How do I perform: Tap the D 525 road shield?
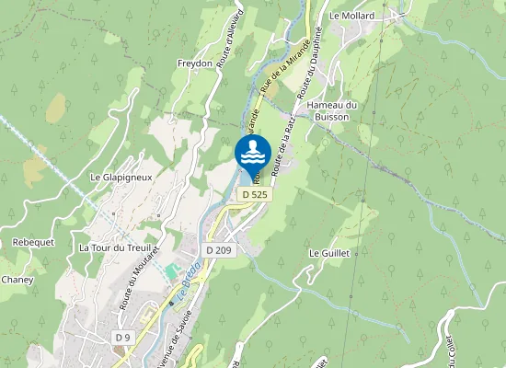(x=255, y=195)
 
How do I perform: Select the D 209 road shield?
(x=219, y=250)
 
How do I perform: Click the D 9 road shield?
(x=123, y=339)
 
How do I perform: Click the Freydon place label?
(x=194, y=63)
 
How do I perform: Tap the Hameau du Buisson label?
(x=332, y=111)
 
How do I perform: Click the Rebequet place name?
(x=33, y=242)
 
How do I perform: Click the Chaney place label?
(x=17, y=280)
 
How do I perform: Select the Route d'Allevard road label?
(x=230, y=36)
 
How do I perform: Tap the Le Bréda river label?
(x=188, y=277)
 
